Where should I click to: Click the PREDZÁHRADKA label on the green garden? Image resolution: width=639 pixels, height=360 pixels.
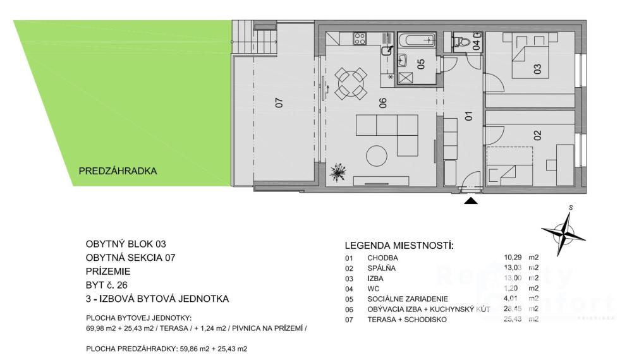point(118,171)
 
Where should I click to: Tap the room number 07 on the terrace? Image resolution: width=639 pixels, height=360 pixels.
point(279,102)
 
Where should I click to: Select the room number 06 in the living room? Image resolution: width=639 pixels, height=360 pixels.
point(382,103)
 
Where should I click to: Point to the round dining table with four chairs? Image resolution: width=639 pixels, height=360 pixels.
point(351,83)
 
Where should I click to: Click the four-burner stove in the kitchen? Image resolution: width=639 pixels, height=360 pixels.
point(360,39)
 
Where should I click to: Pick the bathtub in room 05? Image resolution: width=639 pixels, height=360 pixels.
point(417,40)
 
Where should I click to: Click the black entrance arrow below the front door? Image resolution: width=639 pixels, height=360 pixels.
point(471,201)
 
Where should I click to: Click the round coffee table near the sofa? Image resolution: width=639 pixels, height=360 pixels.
point(377,155)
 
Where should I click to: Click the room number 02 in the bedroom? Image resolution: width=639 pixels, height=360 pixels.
point(537,135)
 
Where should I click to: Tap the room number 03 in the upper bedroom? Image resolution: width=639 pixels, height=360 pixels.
point(537,69)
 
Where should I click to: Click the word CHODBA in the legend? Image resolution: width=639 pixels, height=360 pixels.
point(382,258)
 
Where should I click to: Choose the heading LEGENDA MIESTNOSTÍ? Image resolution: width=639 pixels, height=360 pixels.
point(399,246)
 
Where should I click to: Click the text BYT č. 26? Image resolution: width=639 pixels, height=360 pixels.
point(107,285)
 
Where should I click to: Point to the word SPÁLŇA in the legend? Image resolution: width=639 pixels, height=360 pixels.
point(382,268)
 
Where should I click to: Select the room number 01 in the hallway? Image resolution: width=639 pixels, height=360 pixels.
point(468,116)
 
